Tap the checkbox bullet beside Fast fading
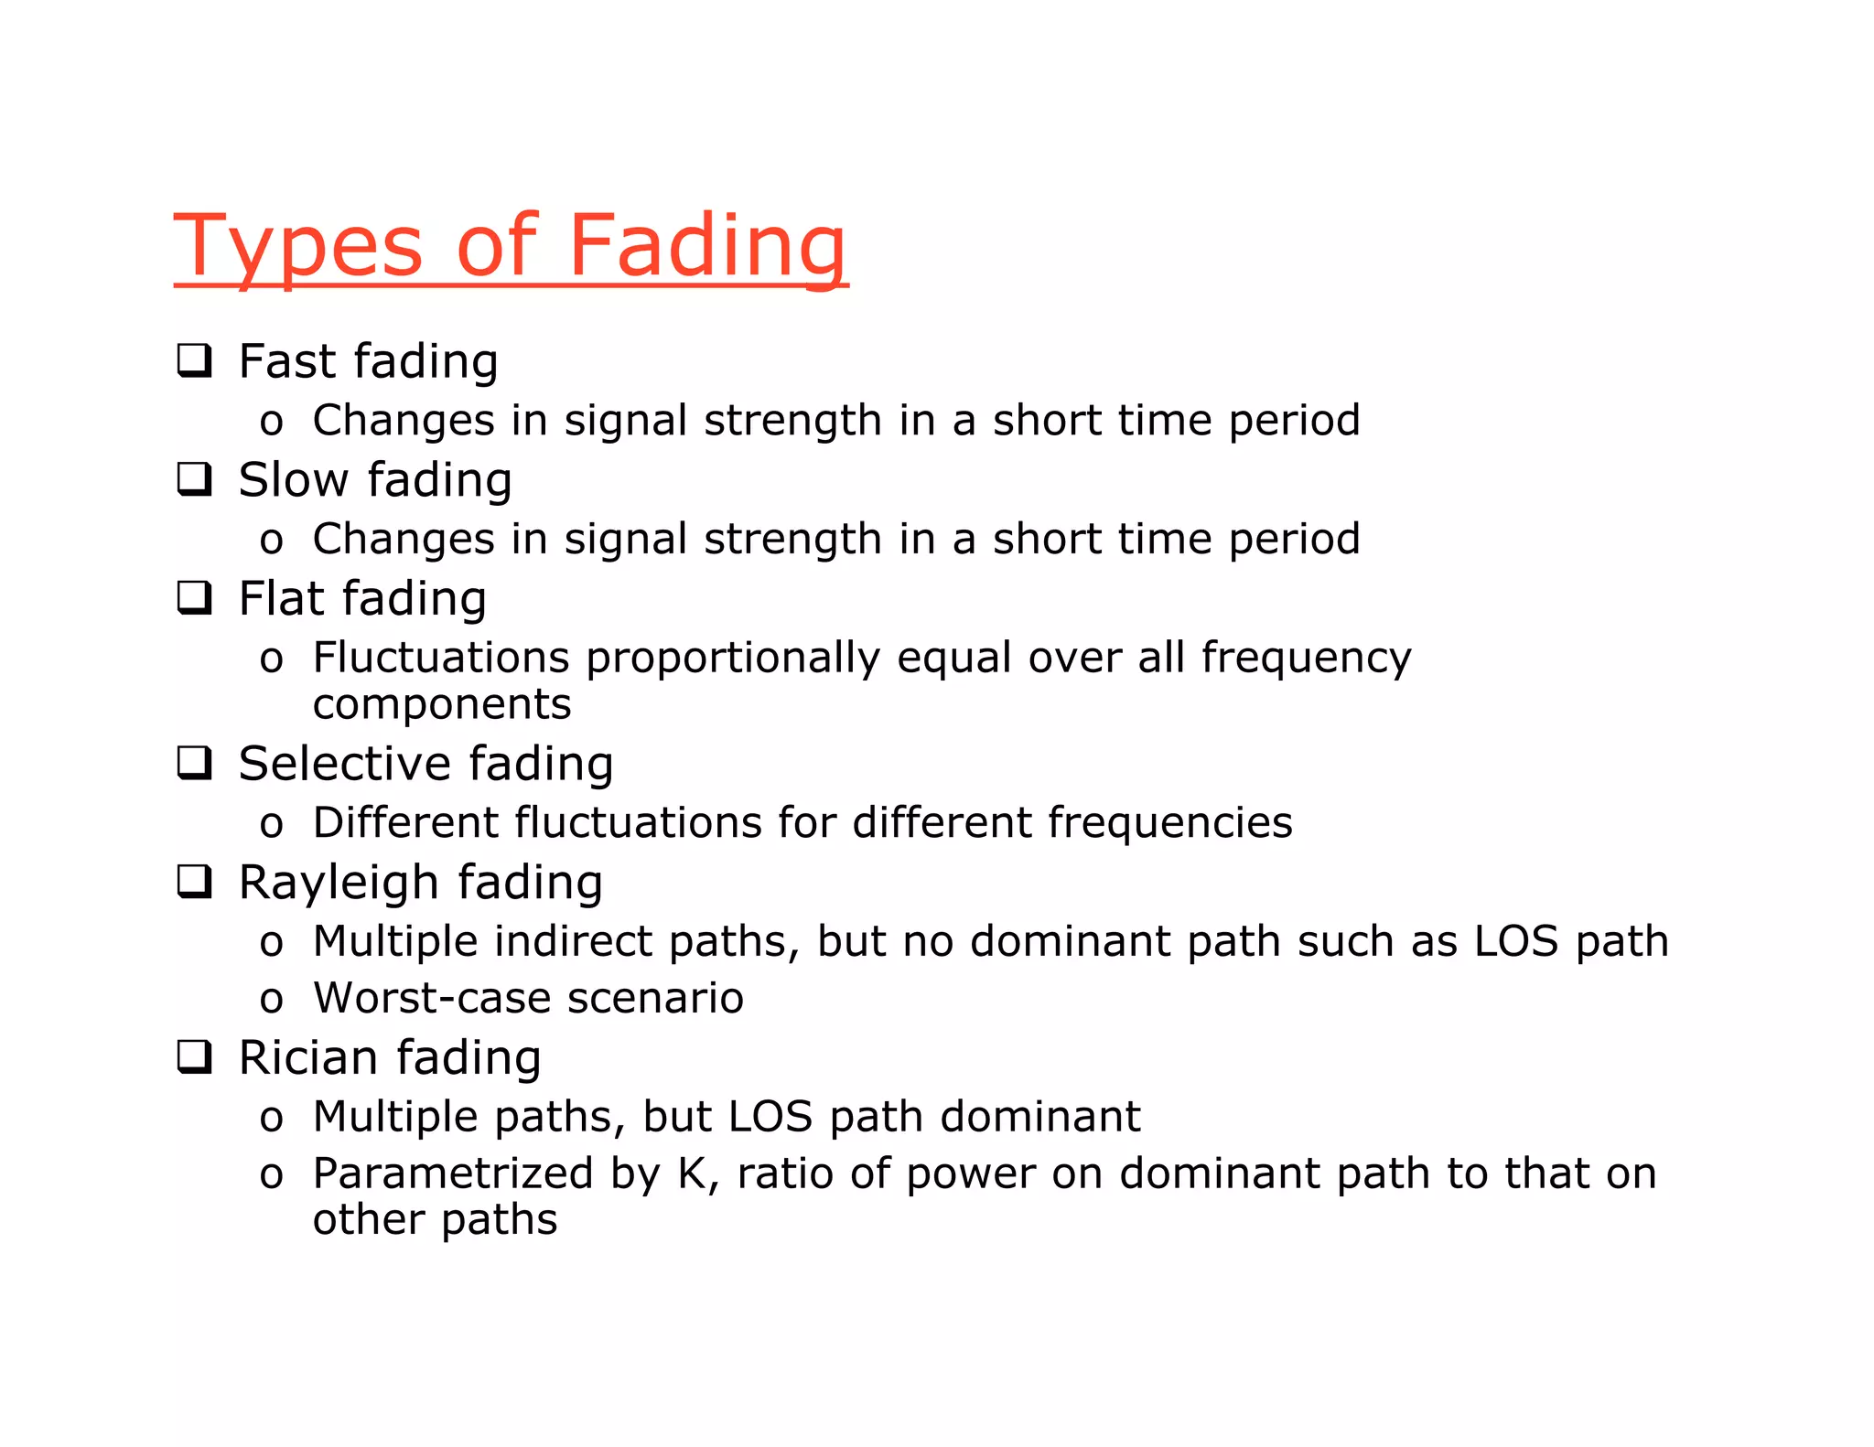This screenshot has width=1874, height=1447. pyautogui.click(x=194, y=360)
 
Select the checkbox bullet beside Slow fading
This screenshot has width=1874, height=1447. pyautogui.click(x=194, y=478)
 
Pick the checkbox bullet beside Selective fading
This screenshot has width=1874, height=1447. pyautogui.click(x=194, y=763)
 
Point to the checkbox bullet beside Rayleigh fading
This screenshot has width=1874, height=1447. pyautogui.click(x=194, y=882)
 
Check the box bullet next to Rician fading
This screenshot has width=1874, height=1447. pyautogui.click(x=194, y=1056)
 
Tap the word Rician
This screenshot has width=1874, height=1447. pyautogui.click(x=308, y=1057)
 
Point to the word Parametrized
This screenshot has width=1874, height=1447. pyautogui.click(x=452, y=1174)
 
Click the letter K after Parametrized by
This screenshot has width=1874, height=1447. pyautogui.click(x=693, y=1174)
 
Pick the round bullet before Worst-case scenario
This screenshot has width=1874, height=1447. pyautogui.click(x=271, y=1000)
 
